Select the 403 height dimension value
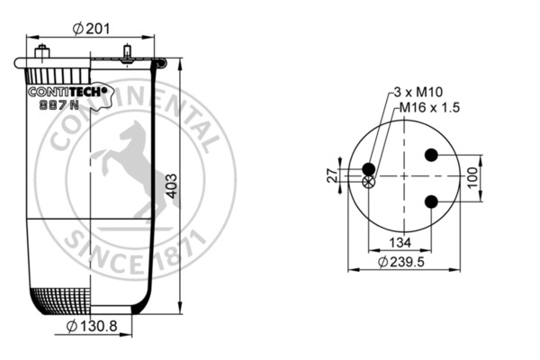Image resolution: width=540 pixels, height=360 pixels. [171, 184]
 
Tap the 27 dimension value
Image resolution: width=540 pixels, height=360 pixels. [330, 175]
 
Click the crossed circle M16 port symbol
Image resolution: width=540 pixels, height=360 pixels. [367, 183]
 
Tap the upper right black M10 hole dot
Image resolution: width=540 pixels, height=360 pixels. [431, 155]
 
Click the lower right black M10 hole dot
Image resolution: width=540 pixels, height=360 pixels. [431, 200]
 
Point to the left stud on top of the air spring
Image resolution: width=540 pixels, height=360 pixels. [41, 49]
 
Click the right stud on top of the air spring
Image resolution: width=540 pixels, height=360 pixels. [129, 50]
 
